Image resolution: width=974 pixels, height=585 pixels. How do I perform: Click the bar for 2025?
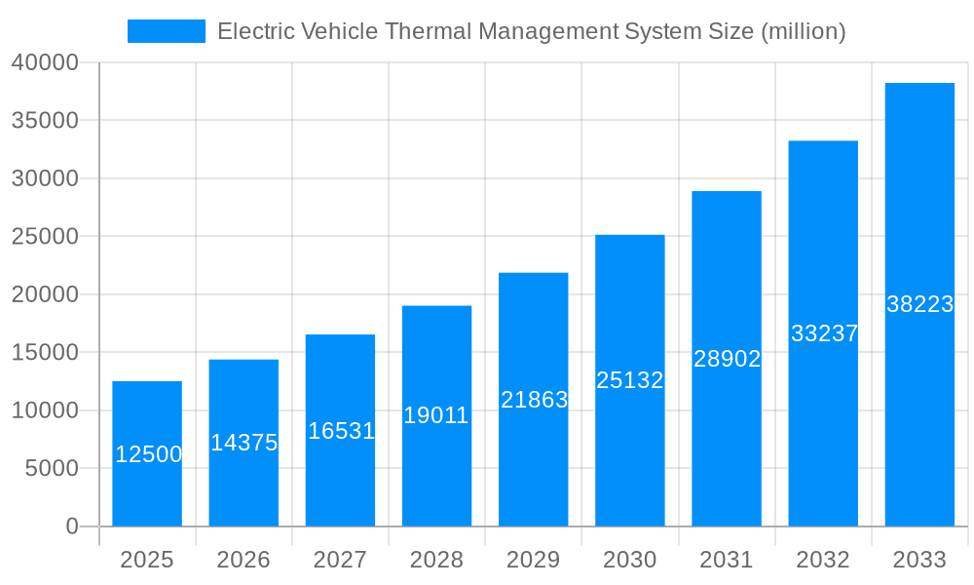(147, 487)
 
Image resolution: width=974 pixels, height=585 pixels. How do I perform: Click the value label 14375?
(243, 443)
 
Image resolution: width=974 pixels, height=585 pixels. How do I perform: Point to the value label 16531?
(341, 431)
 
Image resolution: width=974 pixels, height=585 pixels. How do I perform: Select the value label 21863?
(534, 400)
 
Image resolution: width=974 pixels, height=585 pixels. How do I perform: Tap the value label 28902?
(727, 359)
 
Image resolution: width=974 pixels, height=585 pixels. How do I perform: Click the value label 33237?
(824, 333)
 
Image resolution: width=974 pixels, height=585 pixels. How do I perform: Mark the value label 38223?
(919, 304)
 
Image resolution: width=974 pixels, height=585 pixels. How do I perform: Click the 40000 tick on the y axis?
(45, 62)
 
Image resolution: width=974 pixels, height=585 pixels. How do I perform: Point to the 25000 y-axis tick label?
(45, 237)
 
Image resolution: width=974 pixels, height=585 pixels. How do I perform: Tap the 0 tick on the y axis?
(72, 526)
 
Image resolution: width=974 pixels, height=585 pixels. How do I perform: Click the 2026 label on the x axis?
(243, 560)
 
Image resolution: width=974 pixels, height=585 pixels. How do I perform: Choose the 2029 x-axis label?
(534, 560)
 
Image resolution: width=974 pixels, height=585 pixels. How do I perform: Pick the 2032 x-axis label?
(823, 560)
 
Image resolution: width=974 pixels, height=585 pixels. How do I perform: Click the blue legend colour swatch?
(167, 31)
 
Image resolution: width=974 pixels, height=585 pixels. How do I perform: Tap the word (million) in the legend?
(803, 31)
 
